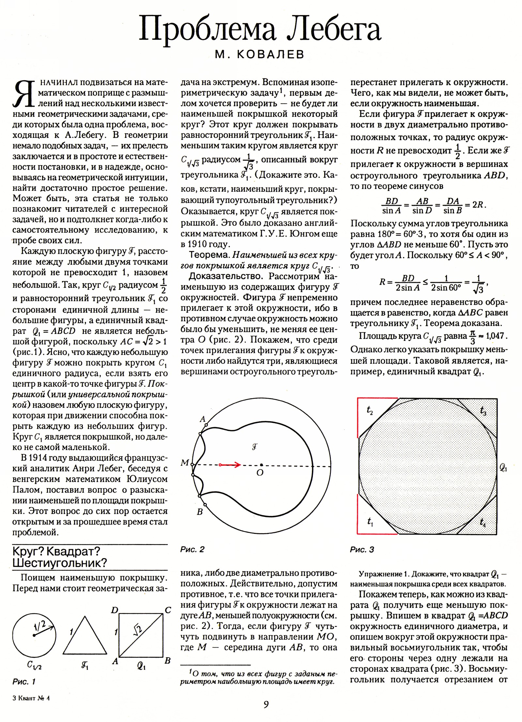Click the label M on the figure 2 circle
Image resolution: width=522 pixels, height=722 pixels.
[185, 463]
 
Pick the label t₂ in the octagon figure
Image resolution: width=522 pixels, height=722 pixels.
[370, 411]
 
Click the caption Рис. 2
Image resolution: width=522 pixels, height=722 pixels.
[192, 549]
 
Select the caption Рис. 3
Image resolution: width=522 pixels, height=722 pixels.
[362, 550]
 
